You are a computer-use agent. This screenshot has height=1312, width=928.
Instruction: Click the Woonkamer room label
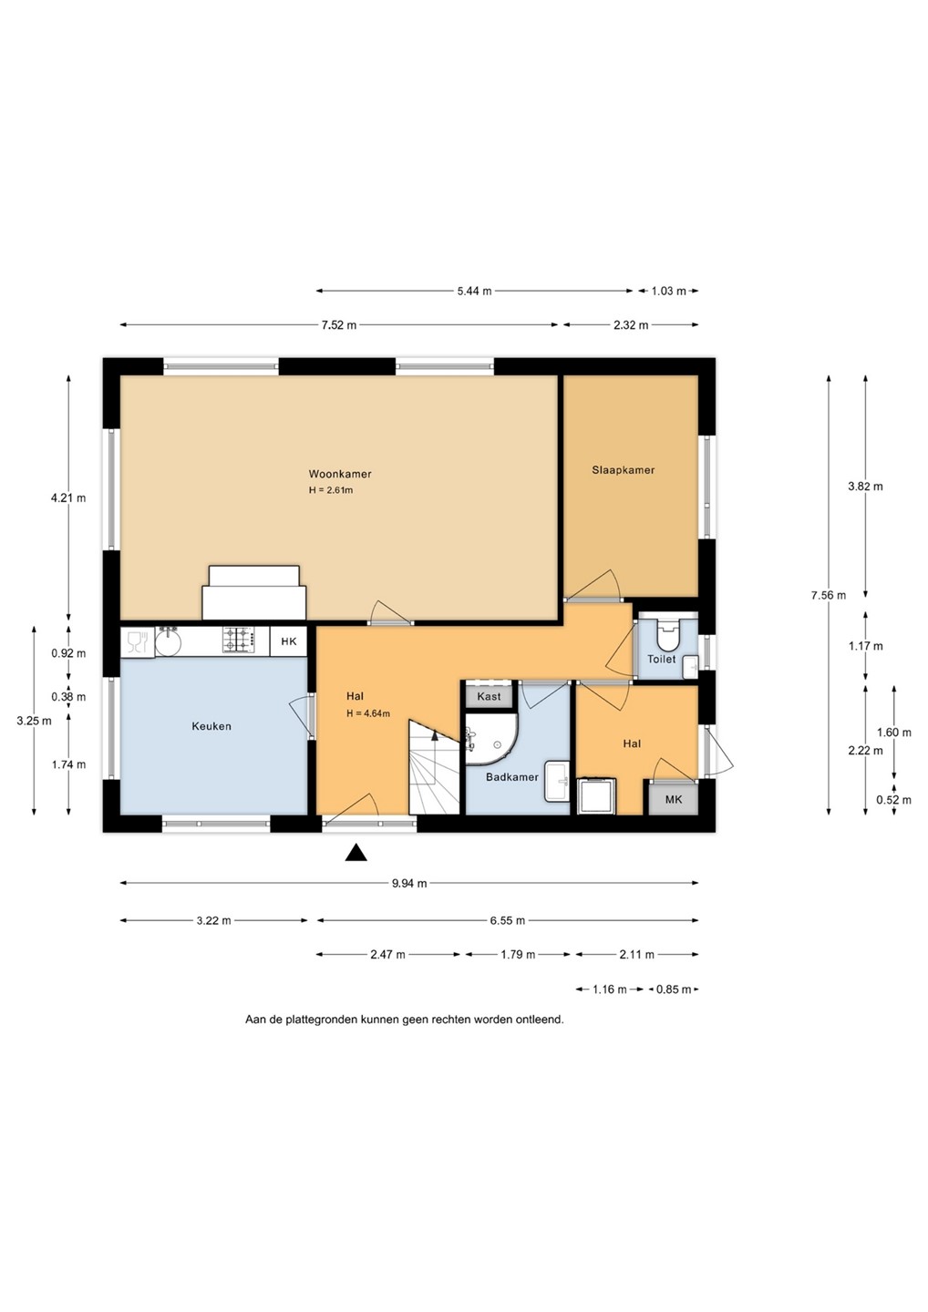pos(340,474)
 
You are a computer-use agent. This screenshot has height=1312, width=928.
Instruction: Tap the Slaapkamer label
pos(623,470)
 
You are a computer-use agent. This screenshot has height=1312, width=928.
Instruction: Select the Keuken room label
pos(211,726)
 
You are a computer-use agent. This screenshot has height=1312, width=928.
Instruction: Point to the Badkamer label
pos(512,777)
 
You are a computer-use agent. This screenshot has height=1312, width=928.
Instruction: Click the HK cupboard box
pos(289,641)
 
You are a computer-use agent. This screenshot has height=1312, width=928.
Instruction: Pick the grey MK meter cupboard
pos(674,799)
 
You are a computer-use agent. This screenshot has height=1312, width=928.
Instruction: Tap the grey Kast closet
pos(489,696)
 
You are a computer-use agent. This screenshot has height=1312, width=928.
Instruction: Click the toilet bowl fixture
pos(667,632)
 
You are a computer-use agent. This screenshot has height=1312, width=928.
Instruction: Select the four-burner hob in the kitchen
pos(238,641)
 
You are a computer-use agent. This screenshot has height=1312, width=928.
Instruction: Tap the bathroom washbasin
pos(557,782)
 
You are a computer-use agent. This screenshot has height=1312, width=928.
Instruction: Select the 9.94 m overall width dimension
pos(409,883)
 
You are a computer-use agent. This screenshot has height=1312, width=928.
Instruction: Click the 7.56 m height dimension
pos(829,595)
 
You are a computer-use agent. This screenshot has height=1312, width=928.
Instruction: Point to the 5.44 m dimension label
pos(475,292)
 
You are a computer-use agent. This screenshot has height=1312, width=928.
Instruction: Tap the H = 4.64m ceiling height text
pos(368,713)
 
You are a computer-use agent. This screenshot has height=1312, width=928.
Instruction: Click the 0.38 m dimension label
pos(68,697)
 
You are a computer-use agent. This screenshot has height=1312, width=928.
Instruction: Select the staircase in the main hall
pos(434,767)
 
